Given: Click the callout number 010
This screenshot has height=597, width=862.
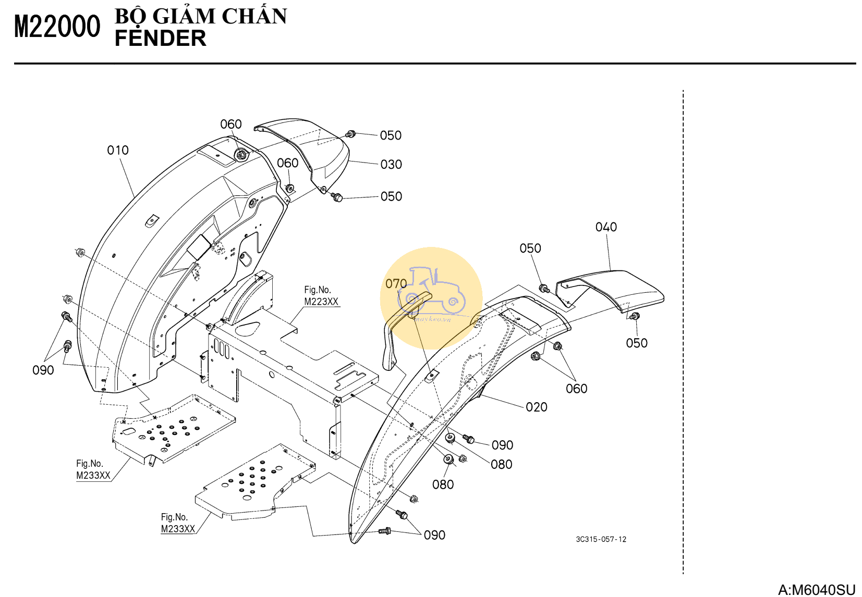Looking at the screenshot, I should (118, 151).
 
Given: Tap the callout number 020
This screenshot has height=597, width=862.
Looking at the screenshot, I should (536, 407).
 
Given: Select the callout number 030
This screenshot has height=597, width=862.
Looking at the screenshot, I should (391, 165).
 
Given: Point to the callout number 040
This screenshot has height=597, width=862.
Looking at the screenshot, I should (606, 227).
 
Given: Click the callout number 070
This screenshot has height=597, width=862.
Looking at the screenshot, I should (396, 284).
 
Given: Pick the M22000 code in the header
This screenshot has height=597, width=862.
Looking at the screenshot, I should (57, 27).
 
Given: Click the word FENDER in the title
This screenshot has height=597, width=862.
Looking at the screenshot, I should (160, 39).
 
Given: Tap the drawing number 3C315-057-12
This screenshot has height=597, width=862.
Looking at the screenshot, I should (601, 539).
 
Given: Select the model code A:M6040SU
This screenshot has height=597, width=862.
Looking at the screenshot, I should (817, 590).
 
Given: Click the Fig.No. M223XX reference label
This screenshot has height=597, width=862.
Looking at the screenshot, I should (321, 296).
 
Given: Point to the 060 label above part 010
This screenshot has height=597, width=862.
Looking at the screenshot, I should (230, 125).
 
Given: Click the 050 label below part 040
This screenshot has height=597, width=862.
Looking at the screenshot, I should (636, 343).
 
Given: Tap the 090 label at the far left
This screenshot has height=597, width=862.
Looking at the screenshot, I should (43, 370).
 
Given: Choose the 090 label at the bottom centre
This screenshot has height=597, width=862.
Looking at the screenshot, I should (434, 536).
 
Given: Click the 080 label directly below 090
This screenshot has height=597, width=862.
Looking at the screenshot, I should (501, 465).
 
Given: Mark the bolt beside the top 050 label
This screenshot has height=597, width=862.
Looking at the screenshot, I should (351, 134).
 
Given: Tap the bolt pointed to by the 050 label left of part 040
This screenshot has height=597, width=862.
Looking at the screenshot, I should (544, 288).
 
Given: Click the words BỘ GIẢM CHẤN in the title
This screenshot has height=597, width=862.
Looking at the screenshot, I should (201, 17).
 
